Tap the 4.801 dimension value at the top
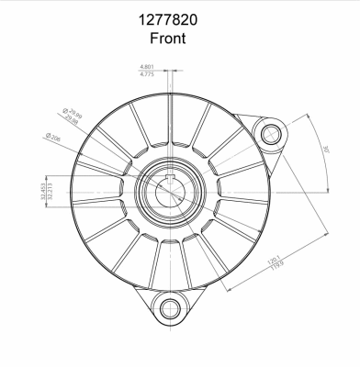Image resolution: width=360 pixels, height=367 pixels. click(147, 67)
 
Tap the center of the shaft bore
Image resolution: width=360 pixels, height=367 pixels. click(171, 192)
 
